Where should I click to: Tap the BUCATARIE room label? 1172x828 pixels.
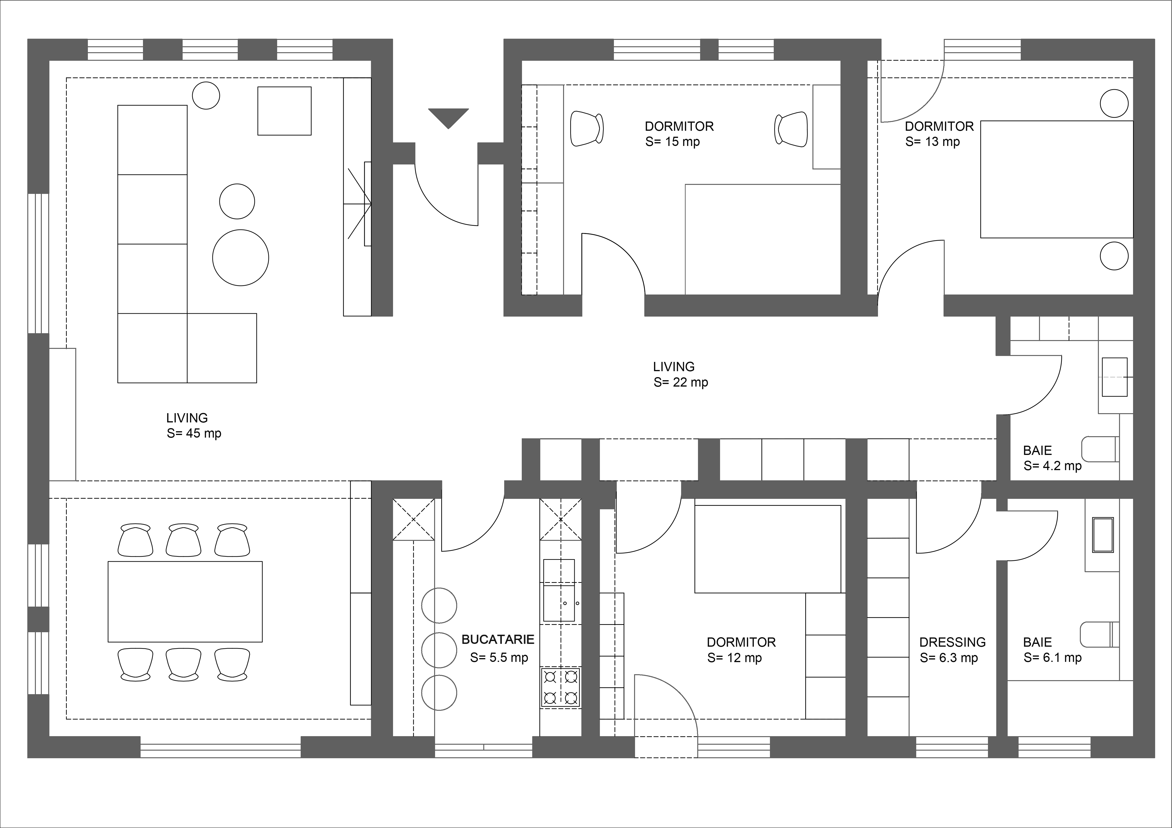[x=498, y=639]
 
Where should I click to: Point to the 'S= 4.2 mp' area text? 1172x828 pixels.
[x=1053, y=466]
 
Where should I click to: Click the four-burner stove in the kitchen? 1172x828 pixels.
[x=560, y=687]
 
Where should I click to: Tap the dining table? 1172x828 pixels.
[x=185, y=602]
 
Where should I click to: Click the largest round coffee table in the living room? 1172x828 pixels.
[x=240, y=258]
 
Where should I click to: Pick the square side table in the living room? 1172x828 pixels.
[x=284, y=111]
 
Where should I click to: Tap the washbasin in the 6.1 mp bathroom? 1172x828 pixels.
[x=1103, y=535]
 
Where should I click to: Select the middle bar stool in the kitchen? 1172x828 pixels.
[x=439, y=650]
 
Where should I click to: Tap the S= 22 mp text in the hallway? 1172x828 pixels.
[x=681, y=382]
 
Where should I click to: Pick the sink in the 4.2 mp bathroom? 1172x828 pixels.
[x=1114, y=377]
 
